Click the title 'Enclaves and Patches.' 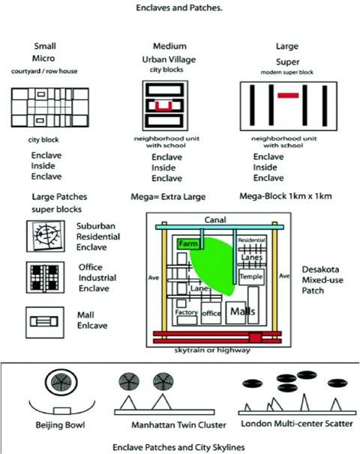(x=180, y=9)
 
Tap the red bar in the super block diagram (x=288, y=96)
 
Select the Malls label (x=241, y=310)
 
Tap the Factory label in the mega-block (x=186, y=312)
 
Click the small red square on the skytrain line (x=256, y=338)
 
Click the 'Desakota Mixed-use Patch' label (x=320, y=279)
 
